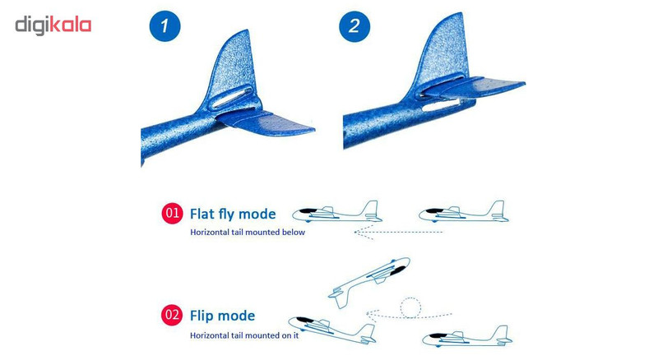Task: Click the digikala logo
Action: click(53, 25)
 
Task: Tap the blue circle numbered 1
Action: click(164, 26)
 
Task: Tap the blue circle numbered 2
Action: click(354, 26)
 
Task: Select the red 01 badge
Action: click(172, 213)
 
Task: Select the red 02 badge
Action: click(172, 315)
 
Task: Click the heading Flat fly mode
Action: click(233, 214)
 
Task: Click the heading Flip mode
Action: click(222, 316)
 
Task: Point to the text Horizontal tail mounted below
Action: click(248, 232)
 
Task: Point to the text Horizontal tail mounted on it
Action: click(244, 335)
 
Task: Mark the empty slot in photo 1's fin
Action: click(230, 96)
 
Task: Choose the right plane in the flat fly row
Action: click(464, 212)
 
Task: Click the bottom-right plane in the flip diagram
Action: click(467, 335)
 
